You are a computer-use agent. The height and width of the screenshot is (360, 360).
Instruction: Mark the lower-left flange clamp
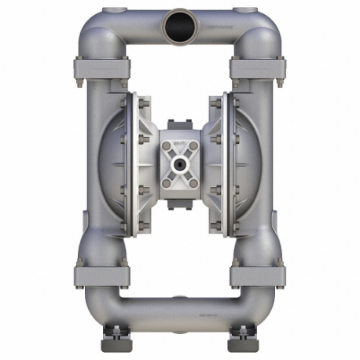(100, 275)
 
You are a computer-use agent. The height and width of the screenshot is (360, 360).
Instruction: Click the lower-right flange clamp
(259, 275)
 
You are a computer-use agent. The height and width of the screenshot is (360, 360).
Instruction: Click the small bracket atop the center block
(180, 126)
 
